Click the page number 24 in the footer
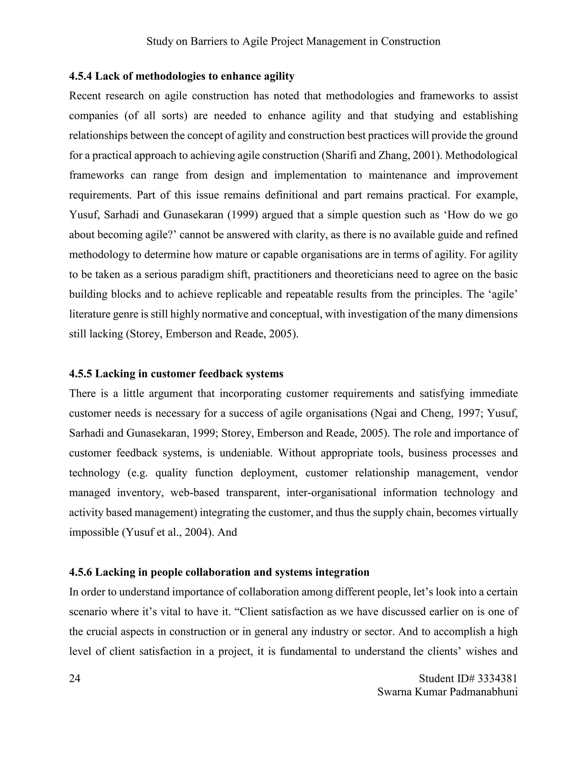[x=75, y=678]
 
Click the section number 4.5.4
[x=81, y=76]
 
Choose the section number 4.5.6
[x=81, y=572]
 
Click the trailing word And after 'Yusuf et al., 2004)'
[x=227, y=532]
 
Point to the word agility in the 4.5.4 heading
[x=279, y=76]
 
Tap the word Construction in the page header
[x=410, y=41]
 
